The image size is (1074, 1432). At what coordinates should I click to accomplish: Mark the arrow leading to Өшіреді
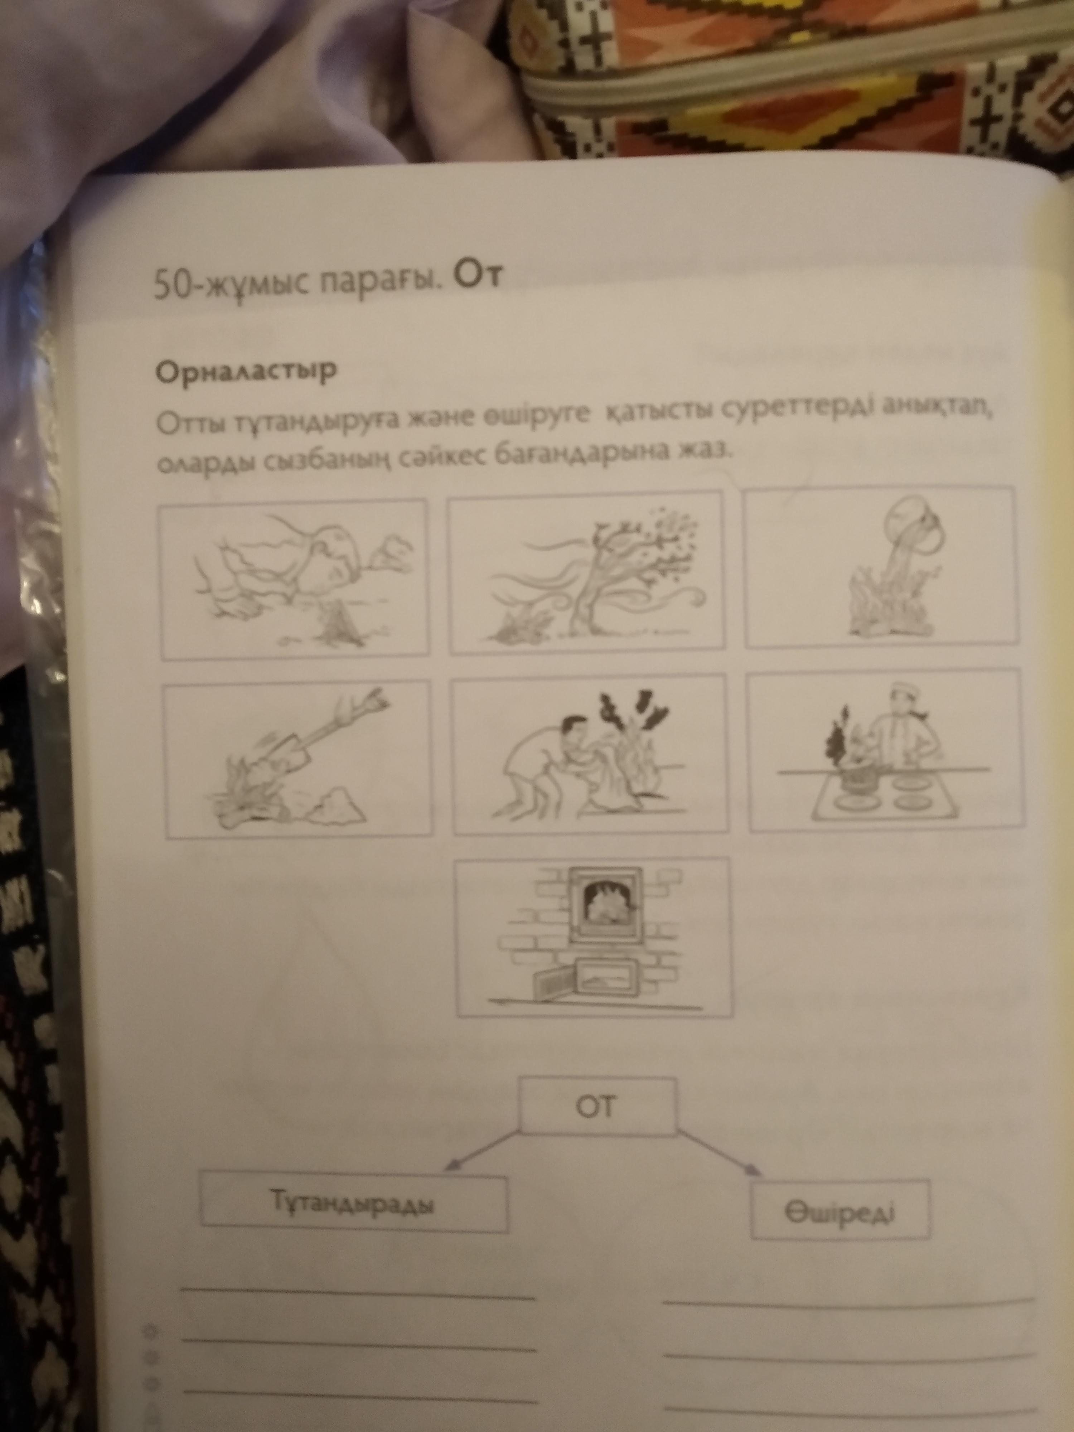tap(719, 1152)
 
